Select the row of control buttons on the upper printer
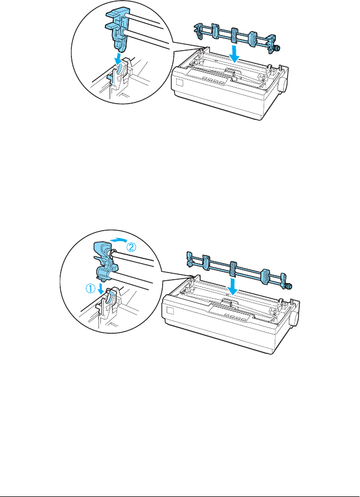point(211,80)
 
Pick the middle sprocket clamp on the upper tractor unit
point(228,37)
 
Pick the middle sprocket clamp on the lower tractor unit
point(232,269)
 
